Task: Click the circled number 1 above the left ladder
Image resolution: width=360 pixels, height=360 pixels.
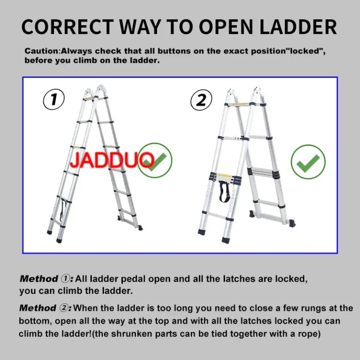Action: click(x=54, y=99)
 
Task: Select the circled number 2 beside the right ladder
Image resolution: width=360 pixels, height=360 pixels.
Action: click(x=201, y=100)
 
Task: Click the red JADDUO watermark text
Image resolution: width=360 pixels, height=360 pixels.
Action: click(x=112, y=160)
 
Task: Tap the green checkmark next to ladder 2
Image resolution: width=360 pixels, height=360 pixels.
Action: click(x=308, y=162)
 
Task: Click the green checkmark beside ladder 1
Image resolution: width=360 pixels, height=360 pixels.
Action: click(x=155, y=160)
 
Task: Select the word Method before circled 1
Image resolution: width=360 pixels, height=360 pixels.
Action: click(x=39, y=279)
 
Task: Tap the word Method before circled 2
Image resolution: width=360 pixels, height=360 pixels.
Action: click(x=38, y=308)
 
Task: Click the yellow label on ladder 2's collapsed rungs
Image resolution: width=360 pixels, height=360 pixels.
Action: click(x=224, y=176)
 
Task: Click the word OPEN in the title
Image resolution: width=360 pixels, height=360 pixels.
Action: click(x=226, y=27)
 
